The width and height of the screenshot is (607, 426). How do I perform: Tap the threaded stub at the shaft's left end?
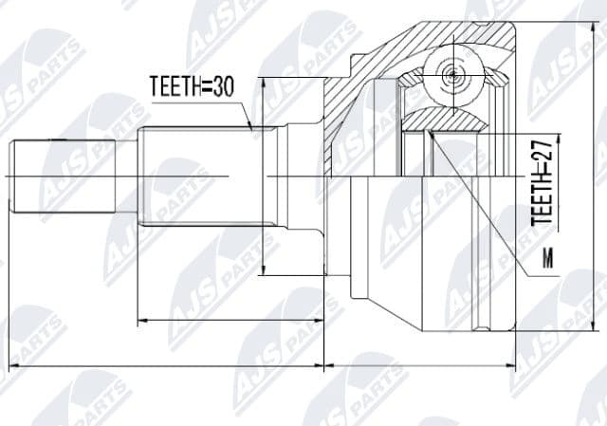tap(63, 177)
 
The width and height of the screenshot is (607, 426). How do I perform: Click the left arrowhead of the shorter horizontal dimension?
tap(142, 320)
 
